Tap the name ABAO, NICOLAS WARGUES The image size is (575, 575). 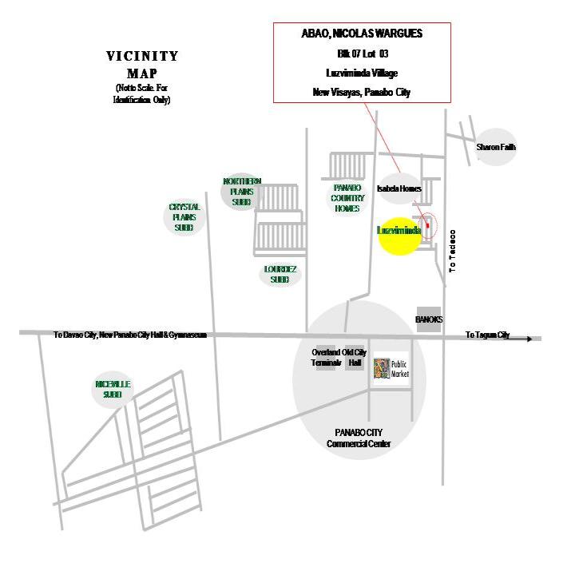coord(362,34)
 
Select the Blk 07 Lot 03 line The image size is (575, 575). coord(362,54)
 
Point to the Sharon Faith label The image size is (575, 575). coord(496,148)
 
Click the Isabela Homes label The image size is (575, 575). coord(399,189)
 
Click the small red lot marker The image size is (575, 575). coord(427,227)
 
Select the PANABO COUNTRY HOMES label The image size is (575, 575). coord(347,197)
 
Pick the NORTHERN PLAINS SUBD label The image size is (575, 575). coord(241,192)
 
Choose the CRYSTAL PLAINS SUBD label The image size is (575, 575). coord(184,217)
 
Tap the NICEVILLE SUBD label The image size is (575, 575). coord(113,390)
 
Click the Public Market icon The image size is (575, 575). coord(382,369)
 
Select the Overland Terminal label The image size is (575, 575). coord(326,357)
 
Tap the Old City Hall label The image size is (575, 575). coord(355,357)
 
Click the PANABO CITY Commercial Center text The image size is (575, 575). coord(358,438)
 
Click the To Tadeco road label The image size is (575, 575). coord(452,252)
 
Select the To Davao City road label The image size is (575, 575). coord(130,335)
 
